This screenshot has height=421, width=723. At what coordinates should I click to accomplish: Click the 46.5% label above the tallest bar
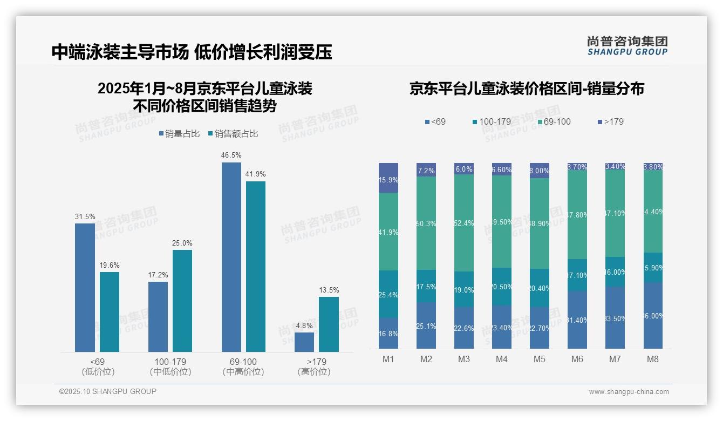click(x=231, y=155)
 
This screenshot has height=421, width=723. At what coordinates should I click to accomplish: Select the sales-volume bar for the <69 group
click(x=85, y=287)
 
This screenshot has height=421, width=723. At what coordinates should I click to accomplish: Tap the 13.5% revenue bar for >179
click(x=329, y=324)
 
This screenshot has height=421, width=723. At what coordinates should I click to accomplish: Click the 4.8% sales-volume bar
click(x=304, y=342)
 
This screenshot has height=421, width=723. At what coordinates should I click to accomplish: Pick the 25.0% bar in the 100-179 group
click(x=182, y=300)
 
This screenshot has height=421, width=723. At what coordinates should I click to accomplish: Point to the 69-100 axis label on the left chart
click(x=243, y=362)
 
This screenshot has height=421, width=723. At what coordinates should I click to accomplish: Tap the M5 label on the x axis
click(x=540, y=359)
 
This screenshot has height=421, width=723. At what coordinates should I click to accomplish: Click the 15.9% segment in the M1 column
click(x=388, y=178)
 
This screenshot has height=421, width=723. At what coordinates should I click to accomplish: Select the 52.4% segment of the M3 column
click(x=464, y=222)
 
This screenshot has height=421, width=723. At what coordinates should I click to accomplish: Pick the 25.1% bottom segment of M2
click(x=426, y=325)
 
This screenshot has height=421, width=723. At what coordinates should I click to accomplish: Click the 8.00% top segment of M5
click(x=540, y=171)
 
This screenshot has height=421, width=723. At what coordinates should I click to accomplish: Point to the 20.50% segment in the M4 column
click(x=502, y=287)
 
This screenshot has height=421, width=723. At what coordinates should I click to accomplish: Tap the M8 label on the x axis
click(x=653, y=359)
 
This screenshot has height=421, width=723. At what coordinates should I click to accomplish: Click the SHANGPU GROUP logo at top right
click(x=627, y=46)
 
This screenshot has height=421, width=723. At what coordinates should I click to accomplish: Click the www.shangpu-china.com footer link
click(x=629, y=392)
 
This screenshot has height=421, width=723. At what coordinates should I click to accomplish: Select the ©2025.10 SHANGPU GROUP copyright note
click(x=108, y=391)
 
